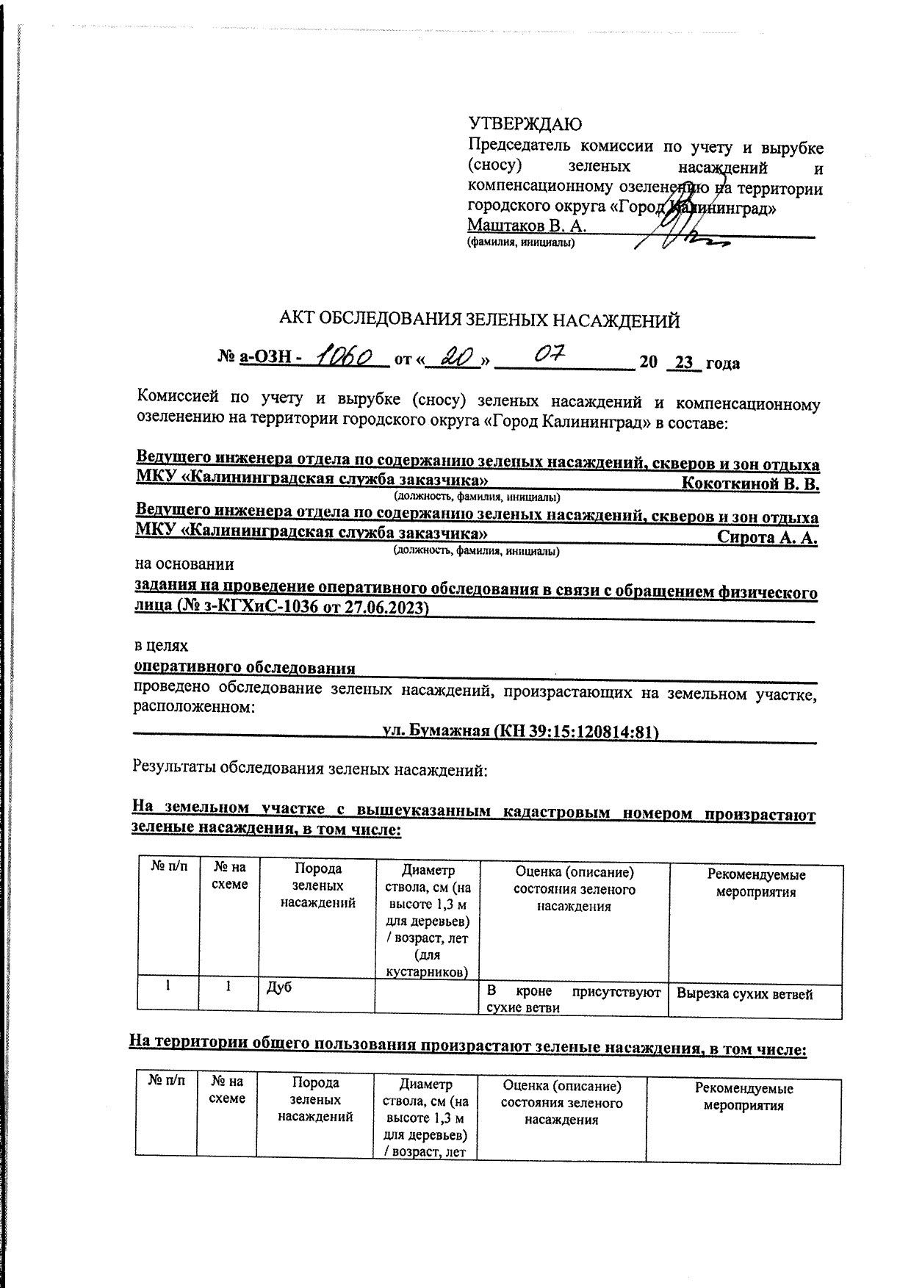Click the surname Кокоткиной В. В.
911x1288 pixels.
tap(750, 484)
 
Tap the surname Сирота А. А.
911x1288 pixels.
tap(767, 537)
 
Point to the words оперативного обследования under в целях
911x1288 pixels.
tap(244, 667)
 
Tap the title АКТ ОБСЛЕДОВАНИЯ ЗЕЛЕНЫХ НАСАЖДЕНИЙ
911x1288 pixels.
tap(479, 320)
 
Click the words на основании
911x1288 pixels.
tap(184, 564)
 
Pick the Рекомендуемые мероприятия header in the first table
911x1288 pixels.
tap(756, 883)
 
